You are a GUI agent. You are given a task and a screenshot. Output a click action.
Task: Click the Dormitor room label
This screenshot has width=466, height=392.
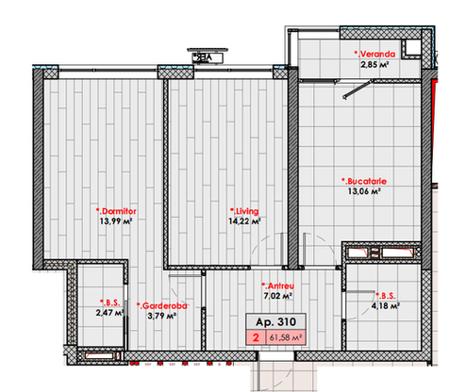tap(116, 211)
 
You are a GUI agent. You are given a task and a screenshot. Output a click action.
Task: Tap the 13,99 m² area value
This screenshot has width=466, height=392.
tap(116, 221)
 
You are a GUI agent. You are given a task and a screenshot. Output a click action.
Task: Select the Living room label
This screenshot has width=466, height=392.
tap(244, 211)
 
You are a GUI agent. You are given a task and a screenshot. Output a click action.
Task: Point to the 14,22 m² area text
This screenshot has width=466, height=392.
tap(244, 221)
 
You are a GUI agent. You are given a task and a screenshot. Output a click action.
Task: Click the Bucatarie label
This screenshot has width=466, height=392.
tap(364, 181)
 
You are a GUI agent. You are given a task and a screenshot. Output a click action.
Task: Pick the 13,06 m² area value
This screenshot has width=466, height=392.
tap(364, 191)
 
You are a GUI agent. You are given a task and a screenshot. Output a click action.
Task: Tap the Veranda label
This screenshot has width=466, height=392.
tap(374, 54)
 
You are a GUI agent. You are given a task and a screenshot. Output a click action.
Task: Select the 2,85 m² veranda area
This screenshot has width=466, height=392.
tap(374, 65)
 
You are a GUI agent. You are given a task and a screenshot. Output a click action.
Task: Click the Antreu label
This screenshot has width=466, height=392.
tap(278, 286)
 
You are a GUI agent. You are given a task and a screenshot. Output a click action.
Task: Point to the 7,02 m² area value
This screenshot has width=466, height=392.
tap(278, 296)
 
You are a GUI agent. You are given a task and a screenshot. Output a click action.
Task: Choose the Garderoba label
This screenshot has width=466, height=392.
tap(162, 305)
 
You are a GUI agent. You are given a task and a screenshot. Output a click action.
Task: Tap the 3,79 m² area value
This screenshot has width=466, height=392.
tap(161, 316)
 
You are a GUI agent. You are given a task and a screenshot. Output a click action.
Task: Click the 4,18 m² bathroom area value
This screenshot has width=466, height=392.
tap(386, 305)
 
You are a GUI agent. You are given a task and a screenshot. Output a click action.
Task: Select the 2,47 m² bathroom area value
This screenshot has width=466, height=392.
tap(109, 313)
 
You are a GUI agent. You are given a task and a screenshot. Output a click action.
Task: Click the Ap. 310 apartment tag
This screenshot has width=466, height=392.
tap(275, 321)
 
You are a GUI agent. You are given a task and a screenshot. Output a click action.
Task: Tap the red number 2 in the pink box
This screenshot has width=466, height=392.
tap(256, 337)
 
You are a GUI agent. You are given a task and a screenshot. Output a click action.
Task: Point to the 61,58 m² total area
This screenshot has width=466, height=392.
tap(286, 338)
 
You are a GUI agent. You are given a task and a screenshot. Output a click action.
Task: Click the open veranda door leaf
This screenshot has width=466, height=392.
tap(358, 89)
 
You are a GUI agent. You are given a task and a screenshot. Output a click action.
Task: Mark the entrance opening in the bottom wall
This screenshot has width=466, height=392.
tap(275, 356)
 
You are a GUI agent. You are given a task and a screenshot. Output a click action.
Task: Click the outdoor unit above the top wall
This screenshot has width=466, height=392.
tap(208, 56)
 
